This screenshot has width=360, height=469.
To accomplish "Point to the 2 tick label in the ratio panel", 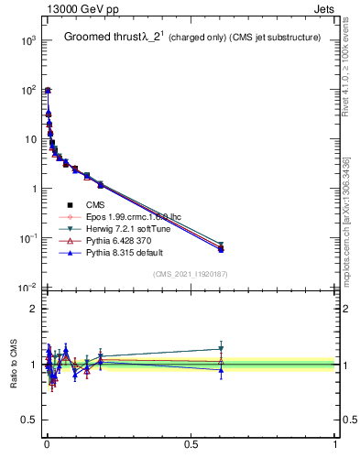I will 32,309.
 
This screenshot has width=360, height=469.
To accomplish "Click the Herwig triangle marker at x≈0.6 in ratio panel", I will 221,349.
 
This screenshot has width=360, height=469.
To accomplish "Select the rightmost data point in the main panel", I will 221,248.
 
